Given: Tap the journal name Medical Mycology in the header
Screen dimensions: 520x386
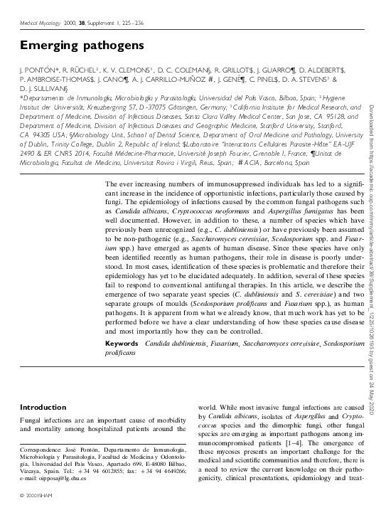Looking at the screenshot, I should click(x=39, y=22).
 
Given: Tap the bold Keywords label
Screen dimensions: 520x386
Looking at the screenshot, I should click(x=121, y=344).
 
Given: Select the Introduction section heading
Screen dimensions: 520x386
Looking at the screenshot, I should click(x=43, y=406).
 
